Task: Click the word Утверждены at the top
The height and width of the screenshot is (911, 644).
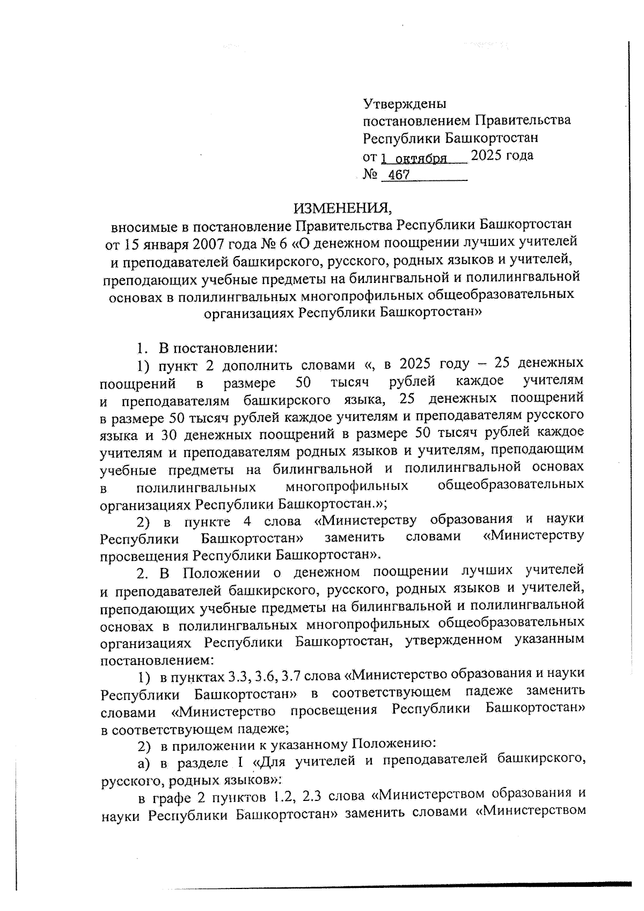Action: pos(405,103)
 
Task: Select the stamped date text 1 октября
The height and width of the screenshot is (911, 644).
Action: pos(414,158)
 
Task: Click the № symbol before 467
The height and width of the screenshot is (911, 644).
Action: pos(370,175)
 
